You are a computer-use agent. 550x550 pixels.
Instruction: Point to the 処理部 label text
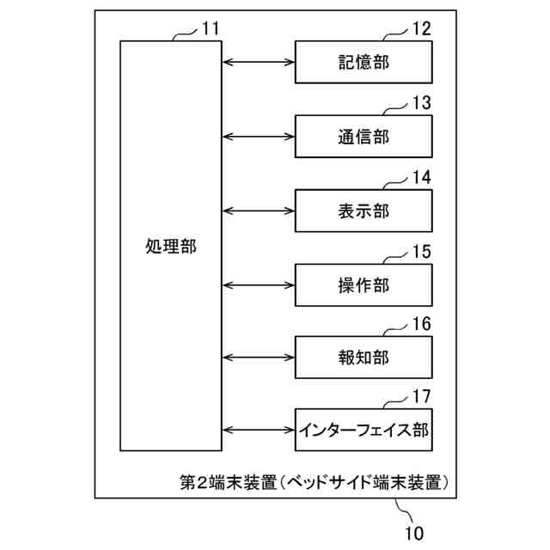click(x=171, y=247)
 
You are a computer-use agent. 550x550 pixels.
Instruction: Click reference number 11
click(x=211, y=28)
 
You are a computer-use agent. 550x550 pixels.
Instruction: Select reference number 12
click(x=420, y=28)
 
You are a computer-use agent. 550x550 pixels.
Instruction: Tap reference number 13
click(x=420, y=103)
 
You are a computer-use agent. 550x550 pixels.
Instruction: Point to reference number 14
click(x=420, y=178)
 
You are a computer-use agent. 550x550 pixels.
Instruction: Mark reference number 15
click(x=420, y=252)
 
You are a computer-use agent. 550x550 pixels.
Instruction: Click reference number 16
click(x=420, y=325)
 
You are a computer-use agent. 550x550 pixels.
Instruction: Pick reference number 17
click(x=420, y=397)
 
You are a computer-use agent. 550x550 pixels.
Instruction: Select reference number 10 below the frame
click(x=414, y=533)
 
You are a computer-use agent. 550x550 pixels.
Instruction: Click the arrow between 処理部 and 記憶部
click(x=259, y=62)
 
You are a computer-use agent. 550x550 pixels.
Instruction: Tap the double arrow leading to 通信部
click(x=259, y=137)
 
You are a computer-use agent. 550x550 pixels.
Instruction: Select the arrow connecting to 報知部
click(x=259, y=357)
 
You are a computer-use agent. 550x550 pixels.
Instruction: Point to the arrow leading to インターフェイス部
click(x=259, y=430)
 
